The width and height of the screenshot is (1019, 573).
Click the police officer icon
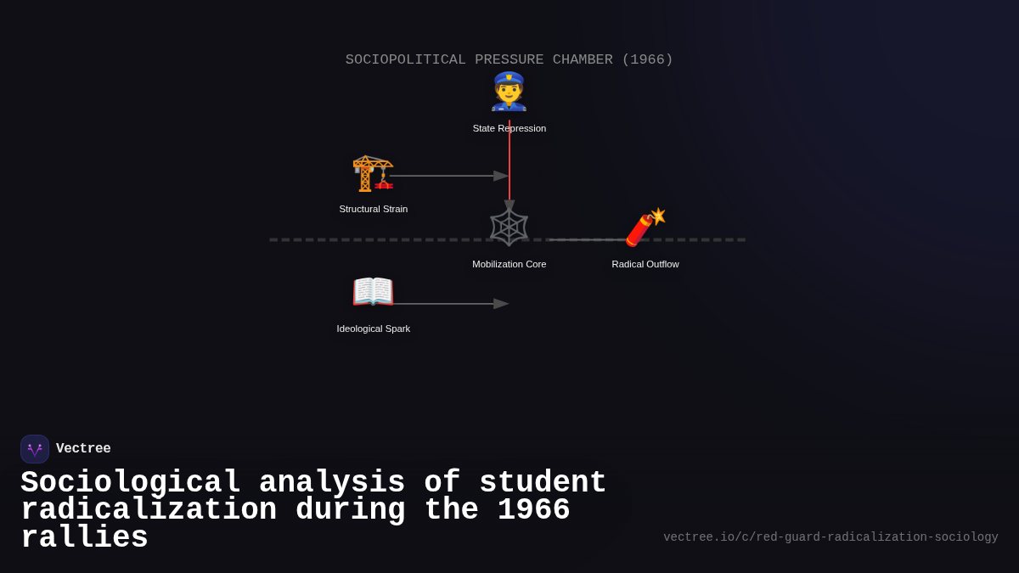coord(509,92)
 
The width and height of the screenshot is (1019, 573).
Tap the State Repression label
coord(509,128)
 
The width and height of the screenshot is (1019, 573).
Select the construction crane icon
coord(373,173)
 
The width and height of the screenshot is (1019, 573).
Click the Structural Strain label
coord(374,209)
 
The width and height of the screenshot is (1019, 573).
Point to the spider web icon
coord(509,228)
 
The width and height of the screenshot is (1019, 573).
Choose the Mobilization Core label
coord(509,264)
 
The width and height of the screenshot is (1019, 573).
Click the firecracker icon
coord(645,227)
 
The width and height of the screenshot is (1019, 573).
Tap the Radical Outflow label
coord(645,264)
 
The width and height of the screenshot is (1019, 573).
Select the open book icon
coord(373,292)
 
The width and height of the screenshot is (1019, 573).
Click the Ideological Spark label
coord(374,329)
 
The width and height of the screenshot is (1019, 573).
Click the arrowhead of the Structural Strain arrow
coord(501,176)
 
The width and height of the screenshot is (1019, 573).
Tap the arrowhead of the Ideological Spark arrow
coord(501,304)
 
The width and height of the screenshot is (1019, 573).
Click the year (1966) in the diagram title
coord(647,59)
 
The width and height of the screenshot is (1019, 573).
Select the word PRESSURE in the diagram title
coord(509,59)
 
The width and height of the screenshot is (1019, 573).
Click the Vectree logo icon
coord(35,449)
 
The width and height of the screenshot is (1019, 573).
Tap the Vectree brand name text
coord(83,449)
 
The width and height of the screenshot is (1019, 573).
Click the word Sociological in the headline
coord(131,483)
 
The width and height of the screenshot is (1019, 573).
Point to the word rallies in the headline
coord(84,538)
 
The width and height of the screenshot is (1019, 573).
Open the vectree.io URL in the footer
coord(830,537)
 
